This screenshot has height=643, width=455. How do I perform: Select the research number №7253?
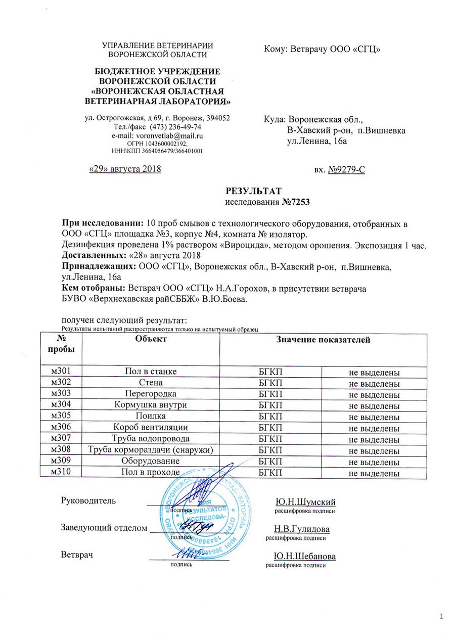coord(295,202)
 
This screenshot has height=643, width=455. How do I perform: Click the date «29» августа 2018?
coord(125,169)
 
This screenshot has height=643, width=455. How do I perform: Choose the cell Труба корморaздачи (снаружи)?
coord(150,450)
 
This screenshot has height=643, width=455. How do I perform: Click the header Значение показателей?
coord(324,340)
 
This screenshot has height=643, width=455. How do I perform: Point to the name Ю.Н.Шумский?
coord(305,501)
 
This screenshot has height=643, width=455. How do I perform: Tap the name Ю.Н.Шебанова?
coord(305,556)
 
